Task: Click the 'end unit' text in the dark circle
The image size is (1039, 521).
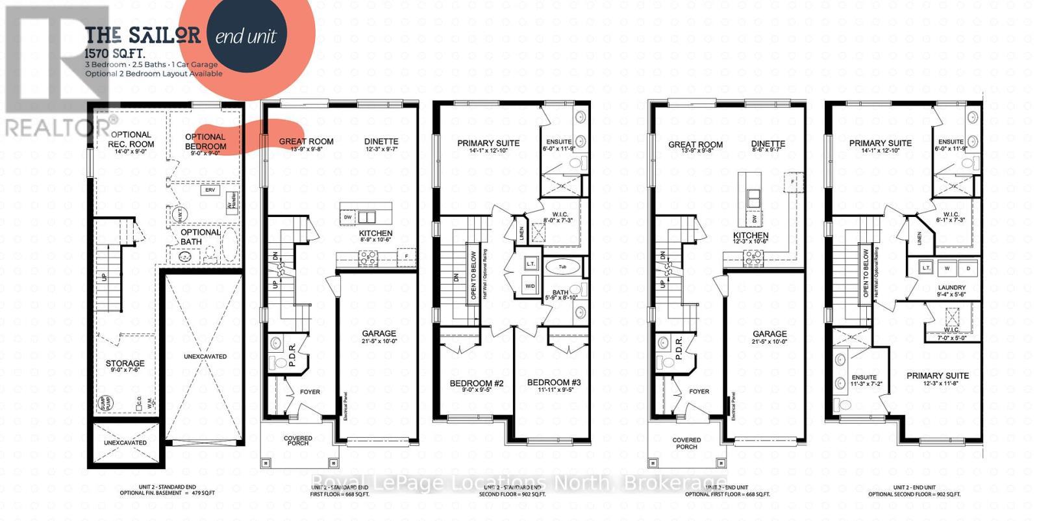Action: pos(245,35)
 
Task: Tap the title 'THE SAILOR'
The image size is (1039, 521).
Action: pos(143,34)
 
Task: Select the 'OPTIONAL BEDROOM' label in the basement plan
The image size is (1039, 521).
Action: pos(205,142)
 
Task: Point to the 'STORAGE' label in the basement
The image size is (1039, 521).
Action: pos(125,364)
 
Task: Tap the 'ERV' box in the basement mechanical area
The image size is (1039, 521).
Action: pos(210,190)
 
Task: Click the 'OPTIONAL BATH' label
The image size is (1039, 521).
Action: pos(200,236)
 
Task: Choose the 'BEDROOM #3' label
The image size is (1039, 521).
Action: pos(553,383)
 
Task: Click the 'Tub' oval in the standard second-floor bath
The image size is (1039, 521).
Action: pos(559,266)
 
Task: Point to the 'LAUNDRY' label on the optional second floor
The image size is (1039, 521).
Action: pos(951,287)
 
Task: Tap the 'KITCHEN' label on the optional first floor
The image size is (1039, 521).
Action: pos(751,235)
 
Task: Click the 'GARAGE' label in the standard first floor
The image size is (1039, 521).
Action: pos(379,333)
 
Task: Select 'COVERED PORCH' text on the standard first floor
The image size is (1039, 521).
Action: pos(297,442)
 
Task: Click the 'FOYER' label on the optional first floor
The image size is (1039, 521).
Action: pos(699,391)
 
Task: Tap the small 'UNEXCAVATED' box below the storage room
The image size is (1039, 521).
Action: pos(125,442)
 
